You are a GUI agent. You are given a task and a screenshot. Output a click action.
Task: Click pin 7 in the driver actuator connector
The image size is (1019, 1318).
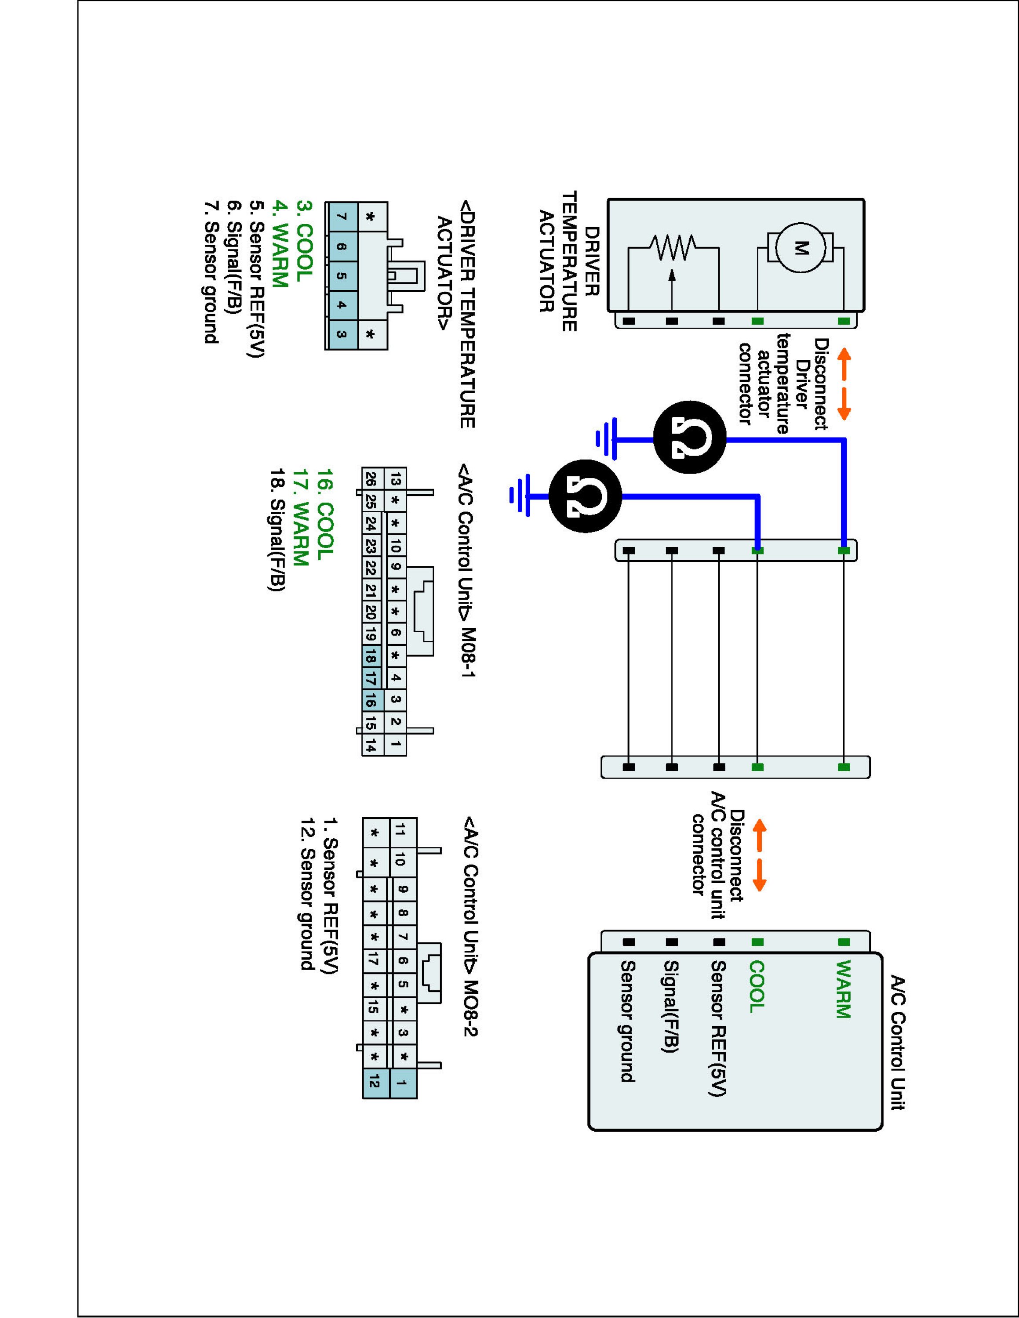[342, 217]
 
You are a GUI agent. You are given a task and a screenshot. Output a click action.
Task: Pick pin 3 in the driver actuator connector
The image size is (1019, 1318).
[342, 334]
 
